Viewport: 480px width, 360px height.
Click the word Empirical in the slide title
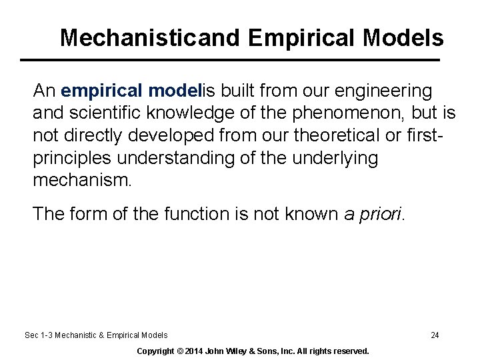click(x=302, y=38)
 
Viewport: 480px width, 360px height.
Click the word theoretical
click(x=335, y=135)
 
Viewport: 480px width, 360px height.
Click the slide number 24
click(x=435, y=335)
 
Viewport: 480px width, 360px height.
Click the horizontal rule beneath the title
click(x=230, y=60)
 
